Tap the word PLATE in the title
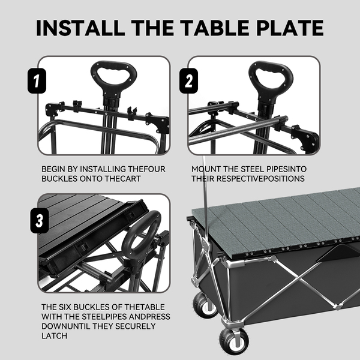[290, 28]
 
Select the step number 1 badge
[37, 81]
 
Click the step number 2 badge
[188, 81]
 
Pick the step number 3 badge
[40, 221]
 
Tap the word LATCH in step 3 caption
[55, 336]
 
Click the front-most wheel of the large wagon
[234, 341]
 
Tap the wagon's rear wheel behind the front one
[205, 305]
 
